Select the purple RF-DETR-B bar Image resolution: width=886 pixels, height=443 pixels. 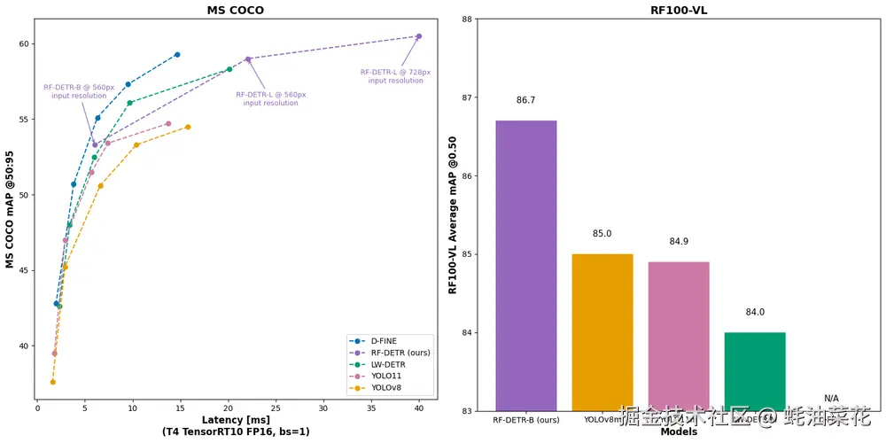coord(526,266)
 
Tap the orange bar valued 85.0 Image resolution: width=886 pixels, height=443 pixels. coord(602,332)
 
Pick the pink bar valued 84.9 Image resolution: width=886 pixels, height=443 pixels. coord(679,337)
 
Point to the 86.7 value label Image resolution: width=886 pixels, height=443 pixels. coord(526,100)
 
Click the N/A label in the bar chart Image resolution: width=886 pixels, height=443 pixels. coord(831,399)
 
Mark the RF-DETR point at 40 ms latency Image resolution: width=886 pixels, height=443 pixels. coord(419,36)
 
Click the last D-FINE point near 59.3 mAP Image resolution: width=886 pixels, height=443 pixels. coord(177,55)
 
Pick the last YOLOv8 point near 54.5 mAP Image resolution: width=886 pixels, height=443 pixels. coord(188,127)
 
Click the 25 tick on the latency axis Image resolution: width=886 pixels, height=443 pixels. coord(276,408)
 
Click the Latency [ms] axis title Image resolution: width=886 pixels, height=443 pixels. coord(236,419)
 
